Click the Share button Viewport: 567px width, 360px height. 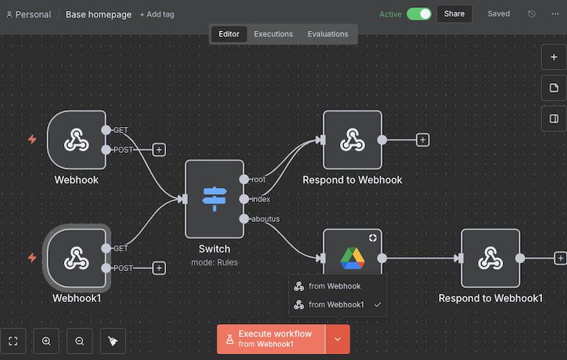(x=454, y=14)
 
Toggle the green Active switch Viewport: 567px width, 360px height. (x=419, y=14)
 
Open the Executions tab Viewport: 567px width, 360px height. (x=273, y=34)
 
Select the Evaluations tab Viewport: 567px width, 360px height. (x=328, y=34)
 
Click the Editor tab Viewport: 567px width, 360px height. (x=228, y=34)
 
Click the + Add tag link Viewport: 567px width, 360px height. (x=157, y=15)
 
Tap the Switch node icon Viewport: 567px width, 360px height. (x=214, y=198)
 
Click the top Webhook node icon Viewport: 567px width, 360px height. (x=76, y=140)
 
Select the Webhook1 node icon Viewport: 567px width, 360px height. (x=76, y=258)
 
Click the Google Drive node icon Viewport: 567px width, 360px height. (x=353, y=257)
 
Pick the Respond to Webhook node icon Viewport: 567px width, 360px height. (x=353, y=140)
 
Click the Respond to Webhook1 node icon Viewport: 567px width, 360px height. (x=490, y=258)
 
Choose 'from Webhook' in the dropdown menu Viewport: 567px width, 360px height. (x=335, y=286)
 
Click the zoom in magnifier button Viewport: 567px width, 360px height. (x=46, y=341)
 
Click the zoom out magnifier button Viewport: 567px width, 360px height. (x=79, y=341)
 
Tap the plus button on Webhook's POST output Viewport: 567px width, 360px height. (x=159, y=150)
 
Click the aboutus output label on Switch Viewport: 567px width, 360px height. (x=265, y=219)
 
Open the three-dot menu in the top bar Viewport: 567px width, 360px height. (x=555, y=14)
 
